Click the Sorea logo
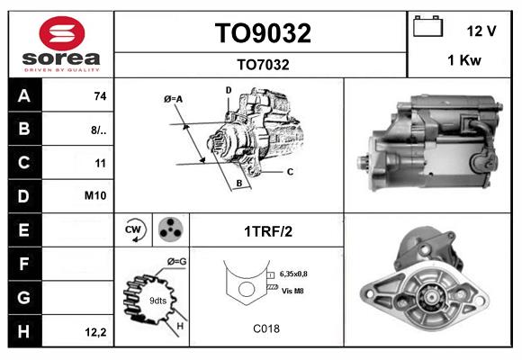(60, 43)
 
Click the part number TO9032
(262, 33)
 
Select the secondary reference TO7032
(262, 64)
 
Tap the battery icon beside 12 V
(427, 29)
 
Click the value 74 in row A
(99, 96)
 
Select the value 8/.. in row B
(99, 130)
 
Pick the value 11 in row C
(100, 164)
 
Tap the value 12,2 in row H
(96, 332)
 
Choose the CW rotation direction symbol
(134, 230)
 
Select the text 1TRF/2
(268, 231)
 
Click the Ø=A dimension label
(174, 98)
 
